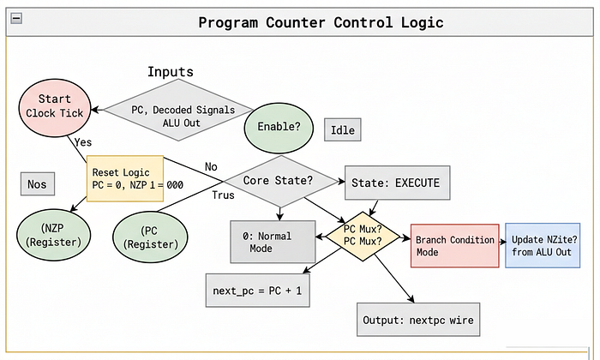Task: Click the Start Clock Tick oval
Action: [55, 107]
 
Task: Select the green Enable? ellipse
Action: [279, 128]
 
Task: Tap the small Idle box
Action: [343, 129]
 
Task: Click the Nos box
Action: [38, 184]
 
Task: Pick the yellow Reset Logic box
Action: [125, 178]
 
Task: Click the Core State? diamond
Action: [280, 181]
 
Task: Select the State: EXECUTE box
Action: [397, 183]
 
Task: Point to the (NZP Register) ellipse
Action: [53, 235]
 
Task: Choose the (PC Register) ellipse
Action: [150, 237]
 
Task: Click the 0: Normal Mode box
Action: [273, 242]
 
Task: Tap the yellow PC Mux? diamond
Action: [363, 236]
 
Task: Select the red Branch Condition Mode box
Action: [454, 246]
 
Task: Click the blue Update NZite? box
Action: [543, 245]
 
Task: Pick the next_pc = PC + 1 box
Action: [257, 291]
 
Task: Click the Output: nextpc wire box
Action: [418, 320]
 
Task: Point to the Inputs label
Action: [171, 71]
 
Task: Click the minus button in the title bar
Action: [16, 18]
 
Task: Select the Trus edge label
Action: [223, 195]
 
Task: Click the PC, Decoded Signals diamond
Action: [178, 111]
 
